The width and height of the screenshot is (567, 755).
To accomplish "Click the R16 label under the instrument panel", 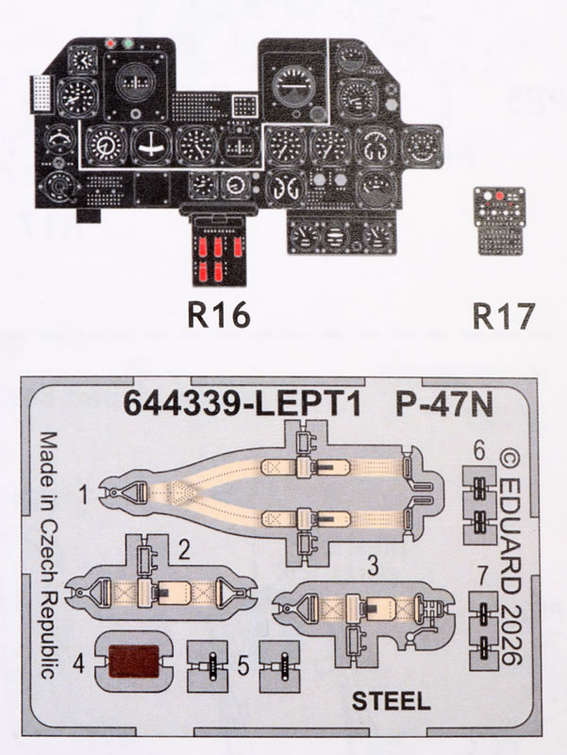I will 220,315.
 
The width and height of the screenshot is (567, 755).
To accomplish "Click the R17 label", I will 500,315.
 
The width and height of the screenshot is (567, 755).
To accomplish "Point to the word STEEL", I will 392,700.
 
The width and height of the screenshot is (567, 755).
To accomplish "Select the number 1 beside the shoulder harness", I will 84,492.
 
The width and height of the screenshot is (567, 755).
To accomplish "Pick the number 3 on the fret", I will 373,566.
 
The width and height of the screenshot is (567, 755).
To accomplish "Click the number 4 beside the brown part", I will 80,663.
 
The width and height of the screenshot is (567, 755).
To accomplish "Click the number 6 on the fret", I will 479,453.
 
